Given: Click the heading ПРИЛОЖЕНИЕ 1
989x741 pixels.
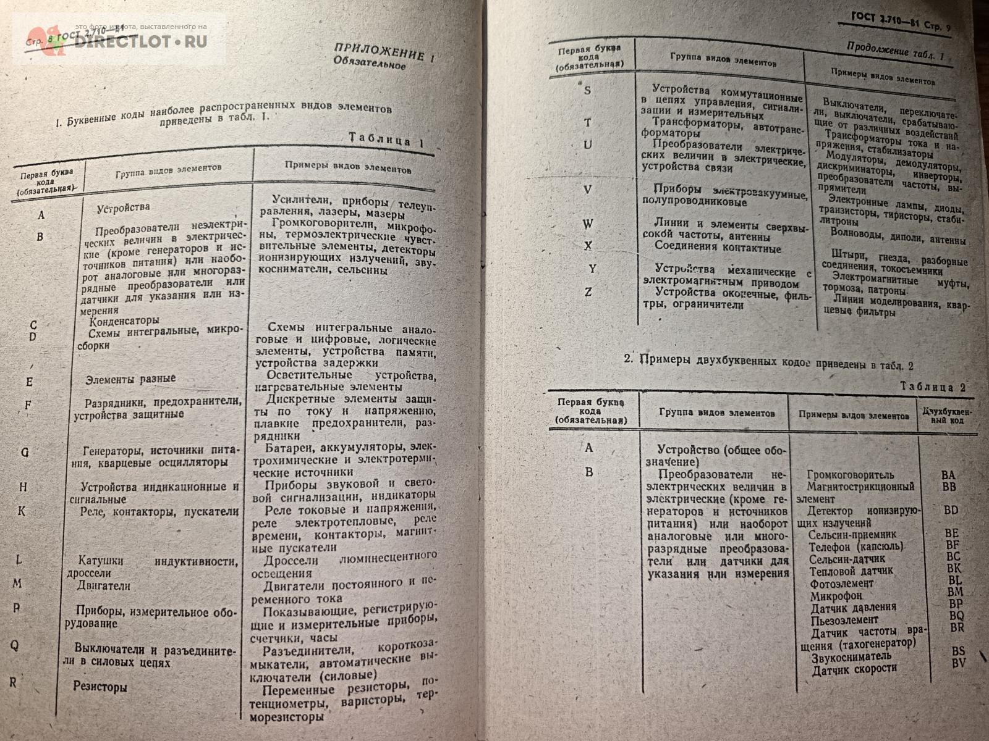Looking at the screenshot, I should tap(384, 52).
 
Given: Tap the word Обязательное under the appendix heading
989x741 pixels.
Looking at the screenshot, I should tap(369, 64).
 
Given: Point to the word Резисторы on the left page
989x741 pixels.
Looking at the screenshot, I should tap(100, 687).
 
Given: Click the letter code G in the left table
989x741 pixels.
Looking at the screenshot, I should tap(25, 452).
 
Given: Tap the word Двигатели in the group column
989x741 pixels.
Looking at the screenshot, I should tap(103, 585).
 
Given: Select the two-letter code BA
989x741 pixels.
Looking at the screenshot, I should tap(948, 475).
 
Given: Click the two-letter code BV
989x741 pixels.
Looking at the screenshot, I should tap(958, 663).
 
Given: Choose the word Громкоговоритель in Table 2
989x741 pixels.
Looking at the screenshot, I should tap(851, 475).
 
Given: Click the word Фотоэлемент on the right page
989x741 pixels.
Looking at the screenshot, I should tap(842, 584).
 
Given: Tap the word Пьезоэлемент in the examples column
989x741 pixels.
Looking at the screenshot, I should tap(844, 619).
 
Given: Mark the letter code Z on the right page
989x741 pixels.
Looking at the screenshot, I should tap(588, 292).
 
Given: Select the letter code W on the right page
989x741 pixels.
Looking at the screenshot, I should tap(588, 224).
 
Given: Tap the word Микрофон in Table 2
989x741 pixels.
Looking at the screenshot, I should tap(836, 596).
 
